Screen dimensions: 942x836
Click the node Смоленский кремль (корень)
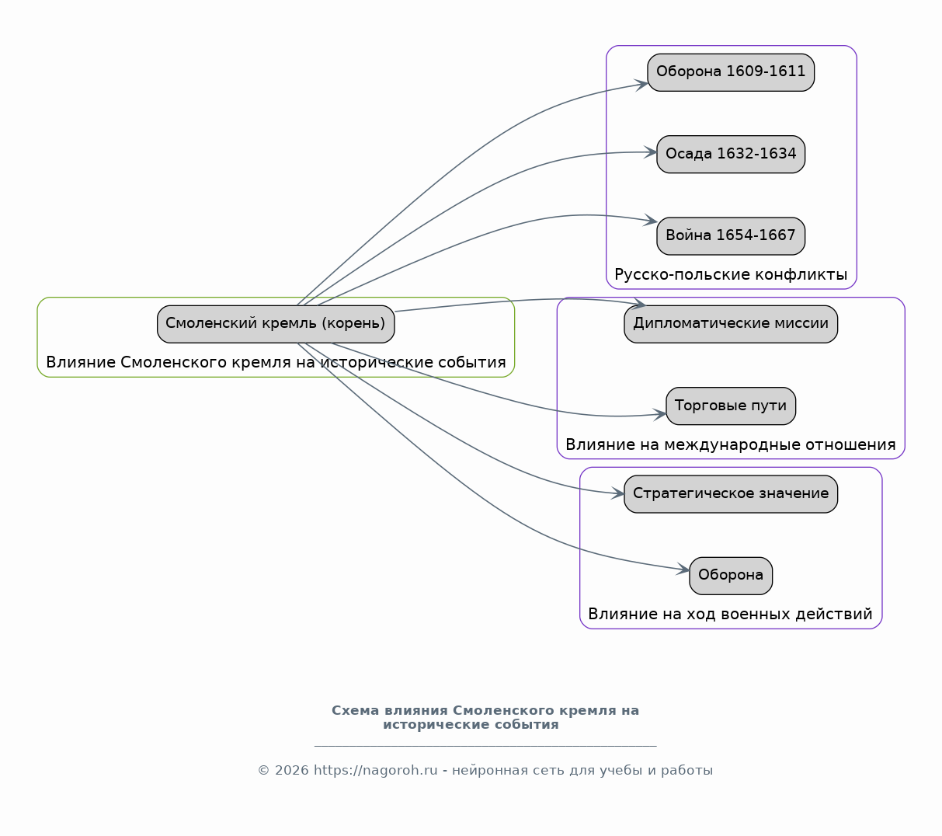click(276, 324)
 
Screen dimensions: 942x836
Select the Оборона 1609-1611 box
click(731, 72)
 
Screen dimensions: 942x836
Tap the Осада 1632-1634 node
click(731, 155)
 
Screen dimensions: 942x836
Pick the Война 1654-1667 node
click(731, 236)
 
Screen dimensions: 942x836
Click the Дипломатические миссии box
click(731, 324)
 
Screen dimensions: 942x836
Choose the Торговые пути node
click(731, 406)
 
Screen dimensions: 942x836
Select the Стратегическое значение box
click(731, 494)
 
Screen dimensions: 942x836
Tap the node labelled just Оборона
click(731, 576)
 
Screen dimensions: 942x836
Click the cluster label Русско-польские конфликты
click(731, 274)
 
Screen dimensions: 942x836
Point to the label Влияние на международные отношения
click(731, 444)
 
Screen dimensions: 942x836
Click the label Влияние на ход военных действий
click(731, 614)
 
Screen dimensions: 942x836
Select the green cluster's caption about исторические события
click(276, 362)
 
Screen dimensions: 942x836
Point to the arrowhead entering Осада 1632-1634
click(650, 152)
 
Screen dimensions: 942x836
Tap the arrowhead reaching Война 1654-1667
click(651, 221)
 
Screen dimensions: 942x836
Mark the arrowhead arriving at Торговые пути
click(660, 414)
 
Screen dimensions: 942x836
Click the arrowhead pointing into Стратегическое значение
click(617, 493)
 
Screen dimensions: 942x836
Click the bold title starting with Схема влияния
click(485, 717)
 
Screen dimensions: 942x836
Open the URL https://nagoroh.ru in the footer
click(376, 771)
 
